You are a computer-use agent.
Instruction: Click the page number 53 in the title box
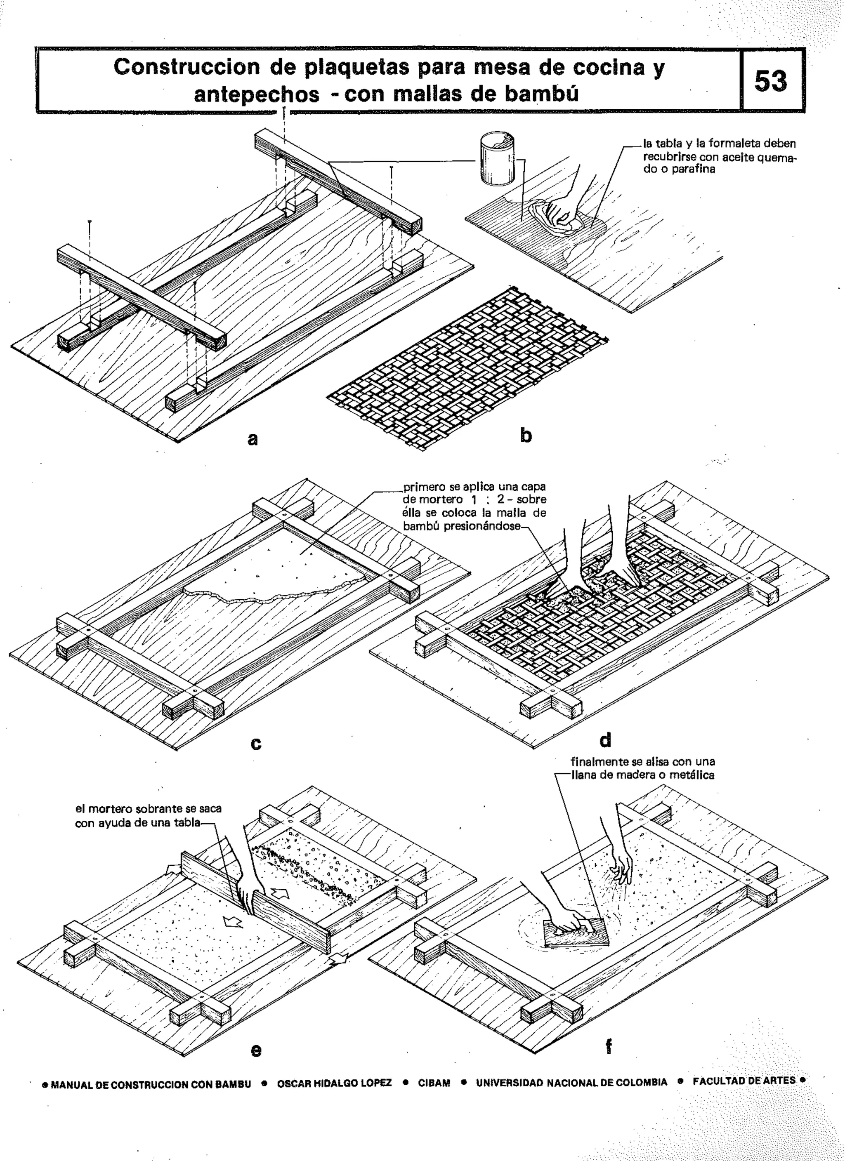coord(771,81)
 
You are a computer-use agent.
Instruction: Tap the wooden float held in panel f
coord(576,934)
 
